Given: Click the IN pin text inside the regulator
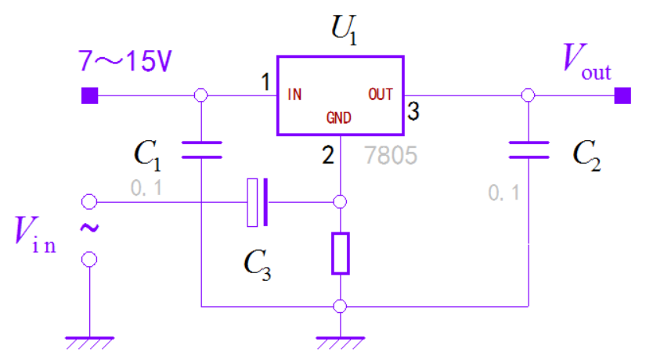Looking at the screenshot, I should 294,95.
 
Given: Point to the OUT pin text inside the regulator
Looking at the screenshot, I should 381,95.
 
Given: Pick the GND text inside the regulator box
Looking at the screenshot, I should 338,118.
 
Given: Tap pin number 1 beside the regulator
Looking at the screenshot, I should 265,81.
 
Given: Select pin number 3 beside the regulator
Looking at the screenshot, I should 413,112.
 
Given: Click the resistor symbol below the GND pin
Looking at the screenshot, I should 340,253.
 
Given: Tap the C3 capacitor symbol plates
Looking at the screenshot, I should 258,203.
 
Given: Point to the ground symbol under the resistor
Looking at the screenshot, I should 340,341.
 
